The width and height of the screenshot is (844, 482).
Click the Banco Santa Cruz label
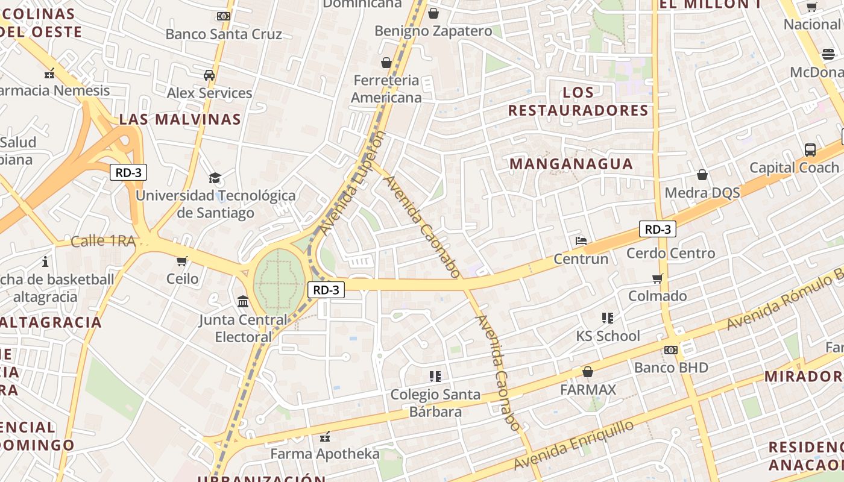click(224, 34)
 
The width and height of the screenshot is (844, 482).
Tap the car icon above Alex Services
click(209, 75)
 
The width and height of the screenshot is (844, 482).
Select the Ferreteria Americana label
click(386, 89)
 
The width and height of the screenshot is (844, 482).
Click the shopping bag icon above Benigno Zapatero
click(433, 13)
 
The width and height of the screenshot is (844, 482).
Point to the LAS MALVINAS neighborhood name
click(180, 119)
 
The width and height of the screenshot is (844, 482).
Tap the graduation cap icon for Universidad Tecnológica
click(215, 178)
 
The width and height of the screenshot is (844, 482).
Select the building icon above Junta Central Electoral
click(243, 301)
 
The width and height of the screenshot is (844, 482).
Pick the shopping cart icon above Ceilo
click(182, 261)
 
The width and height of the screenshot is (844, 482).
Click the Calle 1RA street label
click(103, 241)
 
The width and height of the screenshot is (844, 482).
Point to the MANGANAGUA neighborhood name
click(571, 164)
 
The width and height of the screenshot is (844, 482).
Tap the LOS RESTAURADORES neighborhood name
click(578, 102)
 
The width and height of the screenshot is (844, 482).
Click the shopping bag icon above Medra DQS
click(702, 175)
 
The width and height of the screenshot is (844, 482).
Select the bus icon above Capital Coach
click(810, 149)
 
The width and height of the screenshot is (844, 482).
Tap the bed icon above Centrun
click(581, 241)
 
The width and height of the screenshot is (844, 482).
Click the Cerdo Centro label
click(670, 253)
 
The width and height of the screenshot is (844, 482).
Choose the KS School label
click(608, 336)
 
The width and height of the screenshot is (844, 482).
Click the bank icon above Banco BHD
click(670, 350)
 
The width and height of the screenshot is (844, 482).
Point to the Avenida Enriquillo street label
click(575, 446)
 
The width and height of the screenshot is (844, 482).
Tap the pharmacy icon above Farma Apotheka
click(324, 436)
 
